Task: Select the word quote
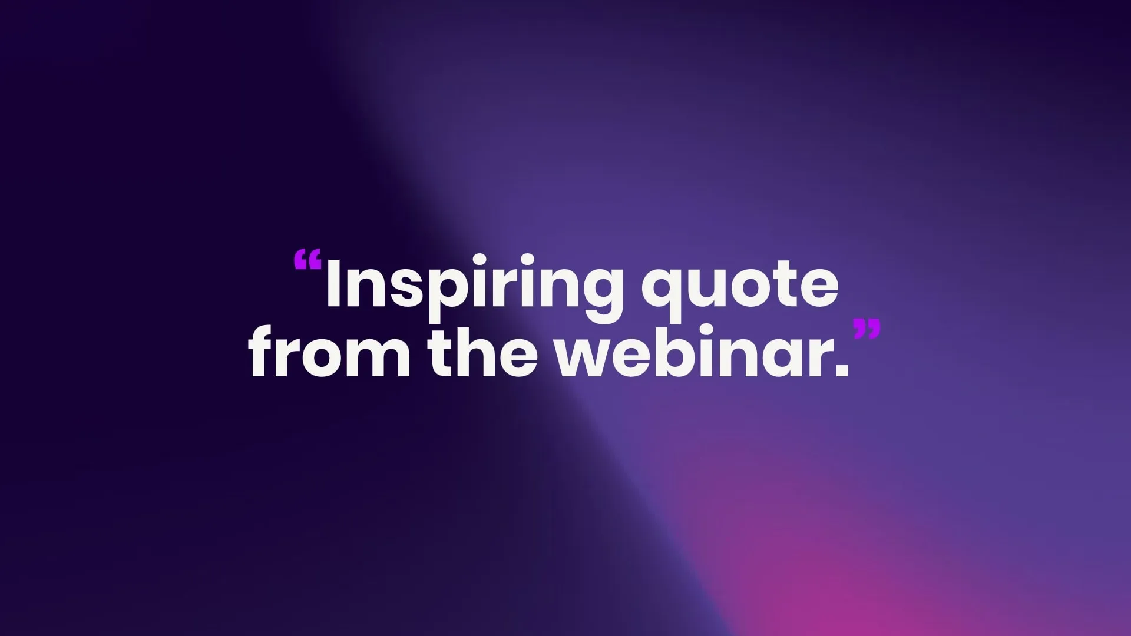point(740,286)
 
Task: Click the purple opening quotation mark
point(307,259)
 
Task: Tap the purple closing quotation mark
point(867,329)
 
